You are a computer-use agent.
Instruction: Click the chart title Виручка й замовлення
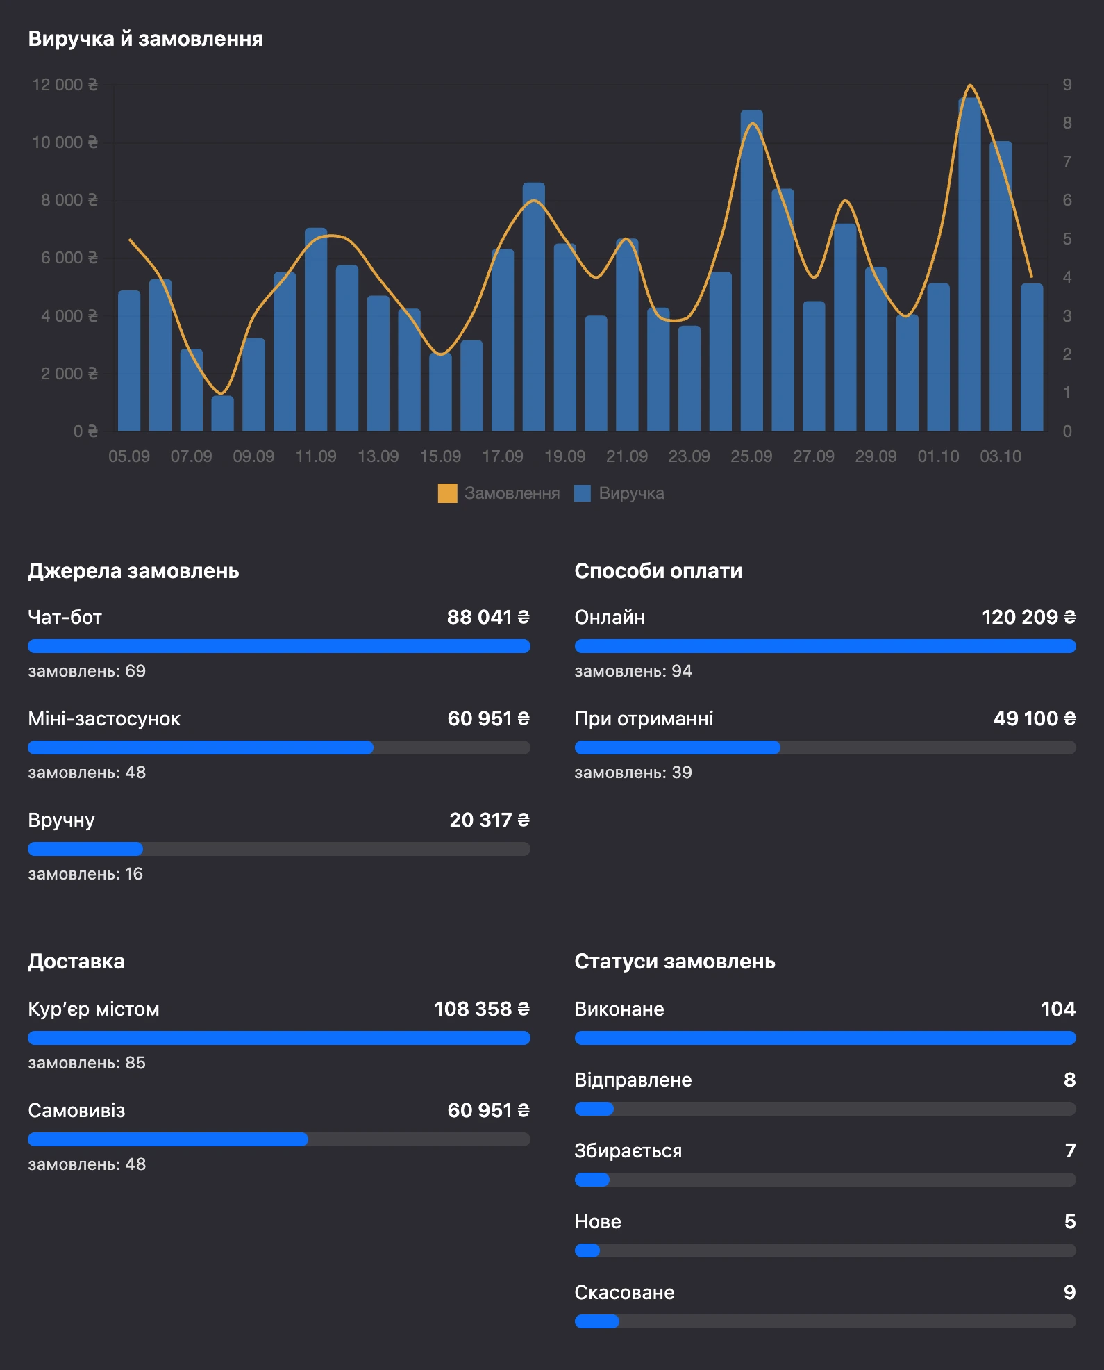point(145,39)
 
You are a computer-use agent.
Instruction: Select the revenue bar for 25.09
point(751,270)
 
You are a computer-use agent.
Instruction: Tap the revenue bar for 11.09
point(316,329)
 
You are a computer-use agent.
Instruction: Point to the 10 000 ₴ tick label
point(65,142)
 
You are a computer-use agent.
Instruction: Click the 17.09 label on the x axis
point(503,456)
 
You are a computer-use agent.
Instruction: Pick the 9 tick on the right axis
point(1067,85)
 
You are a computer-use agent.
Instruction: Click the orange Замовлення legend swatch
point(447,493)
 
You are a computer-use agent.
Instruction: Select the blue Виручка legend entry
point(619,493)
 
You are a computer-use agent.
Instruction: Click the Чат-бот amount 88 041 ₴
point(488,617)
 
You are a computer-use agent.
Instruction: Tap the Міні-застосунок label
point(104,718)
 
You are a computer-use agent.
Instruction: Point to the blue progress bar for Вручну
point(85,849)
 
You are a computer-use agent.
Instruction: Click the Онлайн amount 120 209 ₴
point(1028,617)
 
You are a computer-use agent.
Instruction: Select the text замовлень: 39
point(633,773)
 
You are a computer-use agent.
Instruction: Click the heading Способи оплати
point(658,571)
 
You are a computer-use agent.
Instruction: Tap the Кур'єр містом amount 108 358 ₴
point(482,1009)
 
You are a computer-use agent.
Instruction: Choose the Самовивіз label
point(76,1110)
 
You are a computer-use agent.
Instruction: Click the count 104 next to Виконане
point(1058,1009)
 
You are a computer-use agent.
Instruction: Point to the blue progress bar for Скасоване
point(597,1321)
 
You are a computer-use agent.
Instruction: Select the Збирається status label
point(628,1150)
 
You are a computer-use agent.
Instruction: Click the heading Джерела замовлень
point(133,571)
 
